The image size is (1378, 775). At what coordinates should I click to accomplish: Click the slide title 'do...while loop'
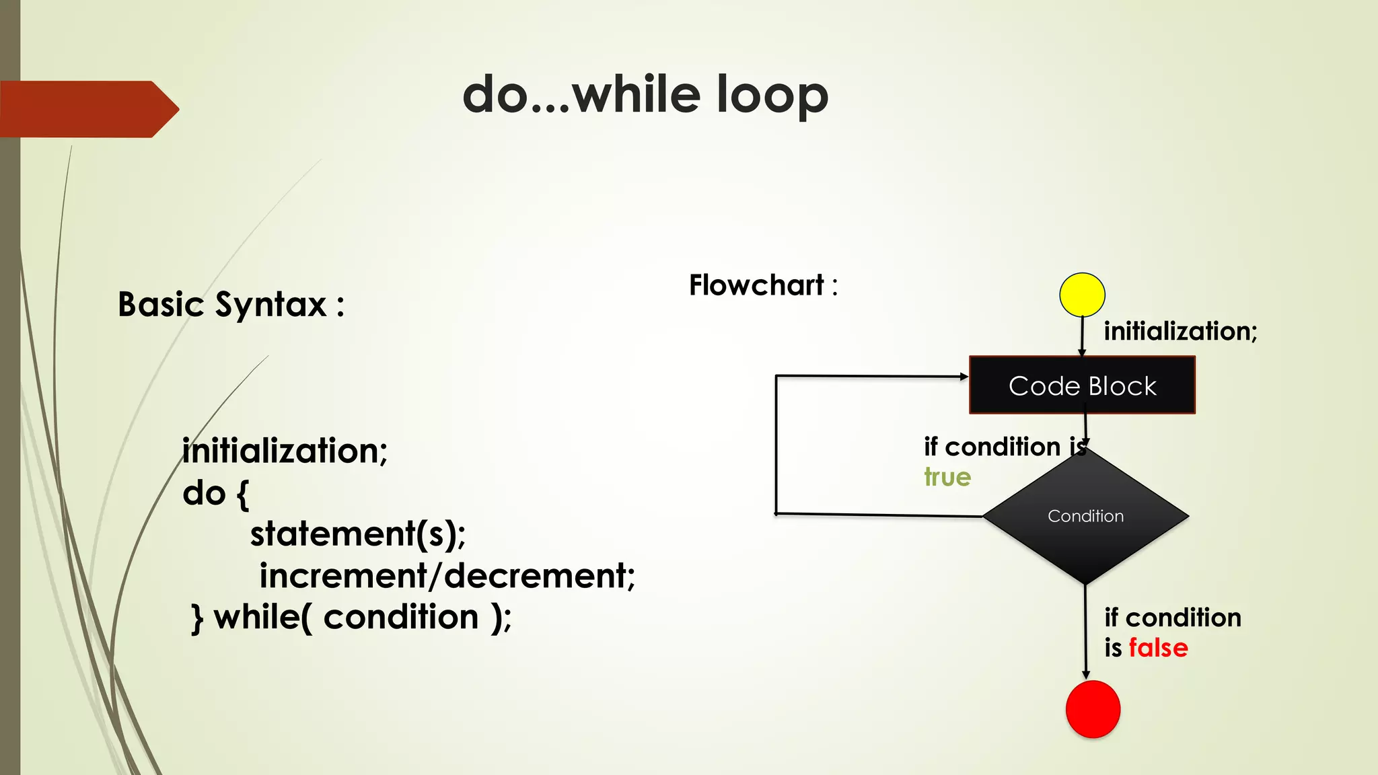(645, 95)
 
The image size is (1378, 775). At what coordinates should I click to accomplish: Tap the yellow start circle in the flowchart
(1082, 295)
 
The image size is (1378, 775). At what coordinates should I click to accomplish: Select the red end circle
(1093, 709)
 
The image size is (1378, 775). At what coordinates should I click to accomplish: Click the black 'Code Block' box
(1082, 385)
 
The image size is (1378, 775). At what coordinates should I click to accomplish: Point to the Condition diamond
(1085, 516)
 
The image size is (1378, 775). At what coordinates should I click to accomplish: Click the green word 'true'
(947, 477)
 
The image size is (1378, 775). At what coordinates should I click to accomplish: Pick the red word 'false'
(1158, 648)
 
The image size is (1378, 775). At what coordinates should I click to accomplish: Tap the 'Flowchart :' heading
(763, 285)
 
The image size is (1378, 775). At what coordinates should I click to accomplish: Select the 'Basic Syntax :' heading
(231, 305)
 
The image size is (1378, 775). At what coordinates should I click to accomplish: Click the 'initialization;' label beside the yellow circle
(1180, 331)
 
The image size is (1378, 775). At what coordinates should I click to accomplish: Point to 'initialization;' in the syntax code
(285, 451)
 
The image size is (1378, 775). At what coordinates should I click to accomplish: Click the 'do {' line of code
(215, 493)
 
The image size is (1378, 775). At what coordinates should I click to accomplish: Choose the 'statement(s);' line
(358, 534)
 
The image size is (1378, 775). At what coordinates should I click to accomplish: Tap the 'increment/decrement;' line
(447, 576)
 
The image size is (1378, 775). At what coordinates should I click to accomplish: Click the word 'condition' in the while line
(401, 617)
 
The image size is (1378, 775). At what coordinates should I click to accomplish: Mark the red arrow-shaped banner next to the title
(87, 109)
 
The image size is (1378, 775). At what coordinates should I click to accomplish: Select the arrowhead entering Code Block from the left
(964, 377)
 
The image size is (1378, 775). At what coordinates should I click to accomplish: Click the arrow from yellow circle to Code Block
(1082, 336)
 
